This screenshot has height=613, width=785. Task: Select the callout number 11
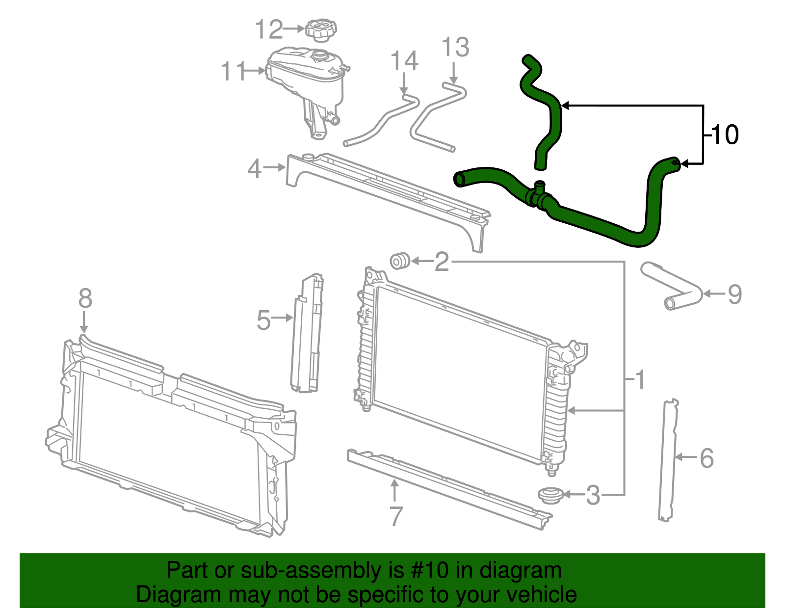[233, 72]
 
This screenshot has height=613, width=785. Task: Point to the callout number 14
[404, 61]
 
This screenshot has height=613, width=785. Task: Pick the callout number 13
[455, 48]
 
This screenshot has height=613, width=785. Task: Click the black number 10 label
[724, 134]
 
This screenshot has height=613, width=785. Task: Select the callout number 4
[254, 169]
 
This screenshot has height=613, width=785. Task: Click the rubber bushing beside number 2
[400, 261]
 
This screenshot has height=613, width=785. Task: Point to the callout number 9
[734, 294]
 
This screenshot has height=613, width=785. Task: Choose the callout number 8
[85, 298]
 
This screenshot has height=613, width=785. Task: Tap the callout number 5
[263, 320]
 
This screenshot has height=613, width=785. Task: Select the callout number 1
[640, 380]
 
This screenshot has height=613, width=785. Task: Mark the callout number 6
[706, 458]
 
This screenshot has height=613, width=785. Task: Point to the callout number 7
[395, 516]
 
